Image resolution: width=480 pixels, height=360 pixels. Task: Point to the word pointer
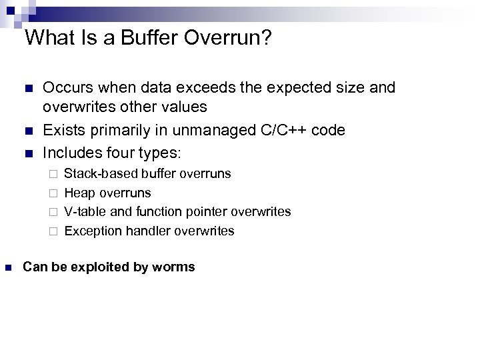(209, 212)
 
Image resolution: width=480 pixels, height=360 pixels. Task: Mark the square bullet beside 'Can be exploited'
(9, 267)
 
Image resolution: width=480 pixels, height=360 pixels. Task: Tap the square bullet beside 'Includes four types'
(27, 152)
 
